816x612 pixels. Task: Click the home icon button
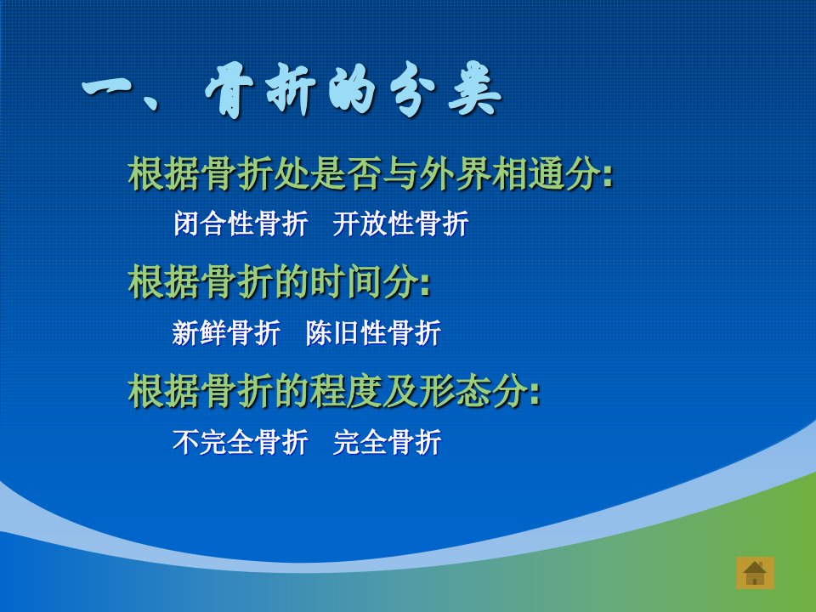coord(755,573)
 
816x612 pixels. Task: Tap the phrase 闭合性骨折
coord(241,224)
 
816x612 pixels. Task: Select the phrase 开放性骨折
coord(400,224)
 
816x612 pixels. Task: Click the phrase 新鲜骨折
coord(226,333)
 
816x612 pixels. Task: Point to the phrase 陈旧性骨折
coord(373,333)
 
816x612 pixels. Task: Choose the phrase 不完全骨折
coord(241,442)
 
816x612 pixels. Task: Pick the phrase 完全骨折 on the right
coord(388,442)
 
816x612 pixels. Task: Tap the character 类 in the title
coord(474,88)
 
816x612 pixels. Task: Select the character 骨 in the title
coord(229,89)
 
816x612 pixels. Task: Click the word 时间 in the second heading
coord(346,281)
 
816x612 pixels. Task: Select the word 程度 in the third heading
coord(346,391)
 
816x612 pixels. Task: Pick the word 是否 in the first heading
coord(346,173)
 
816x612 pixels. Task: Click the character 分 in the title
coord(413,89)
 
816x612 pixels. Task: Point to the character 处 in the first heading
coord(292,173)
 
